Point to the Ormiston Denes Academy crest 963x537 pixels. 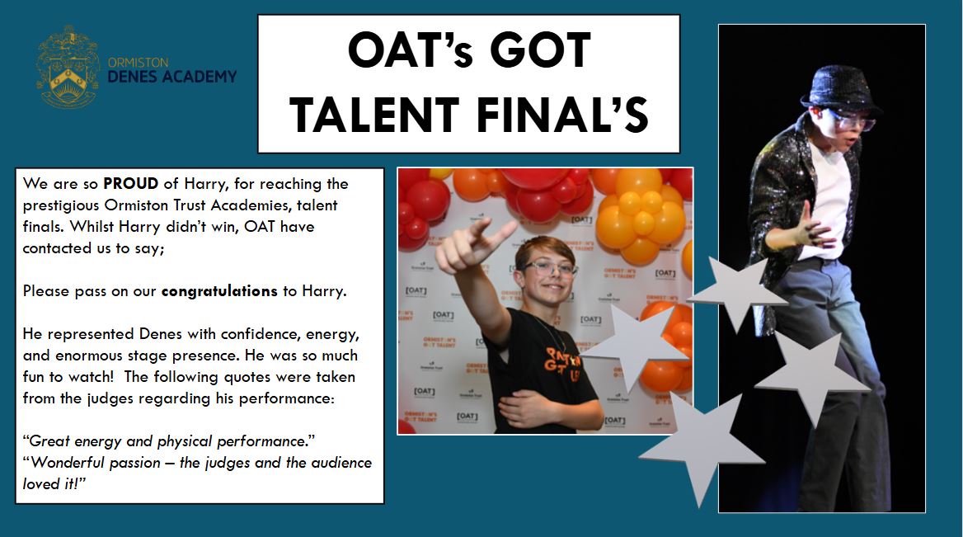68,68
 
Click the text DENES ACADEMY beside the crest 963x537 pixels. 172,77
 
